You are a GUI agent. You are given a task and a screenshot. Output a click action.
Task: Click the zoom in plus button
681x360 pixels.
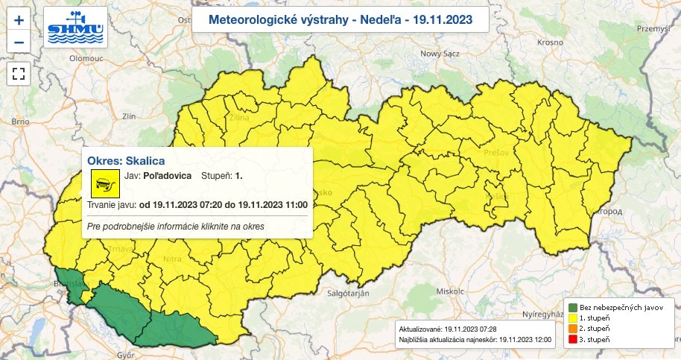[19, 20]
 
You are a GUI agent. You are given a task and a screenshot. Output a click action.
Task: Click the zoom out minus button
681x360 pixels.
[19, 41]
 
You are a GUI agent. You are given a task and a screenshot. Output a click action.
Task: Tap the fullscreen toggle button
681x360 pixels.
[19, 73]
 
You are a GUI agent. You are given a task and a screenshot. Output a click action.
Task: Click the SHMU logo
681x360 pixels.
[75, 27]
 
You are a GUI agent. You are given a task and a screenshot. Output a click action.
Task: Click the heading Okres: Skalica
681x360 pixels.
[126, 160]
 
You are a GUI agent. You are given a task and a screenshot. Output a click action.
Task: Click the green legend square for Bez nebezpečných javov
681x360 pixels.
[572, 307]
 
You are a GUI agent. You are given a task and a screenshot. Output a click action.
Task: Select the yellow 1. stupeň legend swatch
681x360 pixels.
[572, 318]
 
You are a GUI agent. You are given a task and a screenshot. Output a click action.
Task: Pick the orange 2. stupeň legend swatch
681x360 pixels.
[572, 329]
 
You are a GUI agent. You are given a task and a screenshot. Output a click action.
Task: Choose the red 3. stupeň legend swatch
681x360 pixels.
[572, 340]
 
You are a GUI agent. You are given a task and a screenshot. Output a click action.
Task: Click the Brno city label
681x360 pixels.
[20, 121]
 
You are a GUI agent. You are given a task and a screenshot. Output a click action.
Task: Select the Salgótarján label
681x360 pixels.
[349, 294]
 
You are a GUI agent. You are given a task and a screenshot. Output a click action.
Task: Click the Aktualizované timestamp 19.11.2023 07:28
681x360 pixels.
[475, 329]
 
